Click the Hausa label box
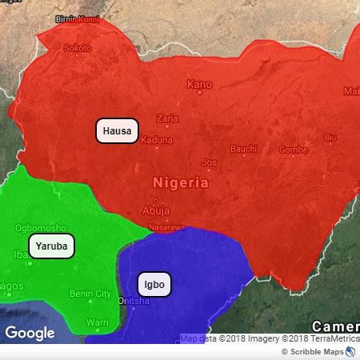click(x=118, y=130)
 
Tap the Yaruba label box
click(x=51, y=246)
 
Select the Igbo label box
click(x=154, y=284)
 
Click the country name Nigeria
click(x=181, y=182)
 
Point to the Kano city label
click(x=199, y=83)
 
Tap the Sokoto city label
click(x=77, y=48)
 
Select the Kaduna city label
click(x=156, y=140)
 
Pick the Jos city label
click(x=210, y=162)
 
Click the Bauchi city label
click(x=244, y=149)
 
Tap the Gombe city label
click(x=293, y=150)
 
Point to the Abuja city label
click(x=155, y=210)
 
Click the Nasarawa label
click(x=166, y=227)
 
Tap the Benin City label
click(x=90, y=294)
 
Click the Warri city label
click(x=97, y=322)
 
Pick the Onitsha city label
click(x=133, y=301)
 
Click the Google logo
click(x=30, y=333)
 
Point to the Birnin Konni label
click(x=77, y=18)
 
